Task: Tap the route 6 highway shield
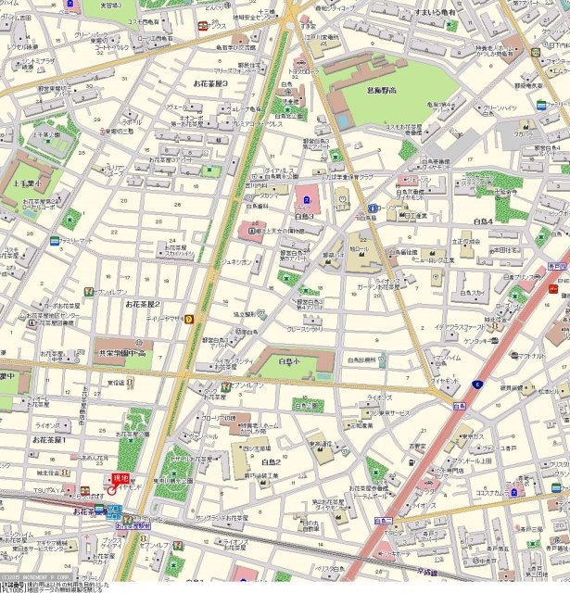tap(477, 384)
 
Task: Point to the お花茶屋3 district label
tap(209, 83)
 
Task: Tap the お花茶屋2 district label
tap(144, 304)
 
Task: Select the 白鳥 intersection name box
tap(459, 405)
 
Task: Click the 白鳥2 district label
tap(271, 461)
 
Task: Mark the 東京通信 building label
tap(325, 444)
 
